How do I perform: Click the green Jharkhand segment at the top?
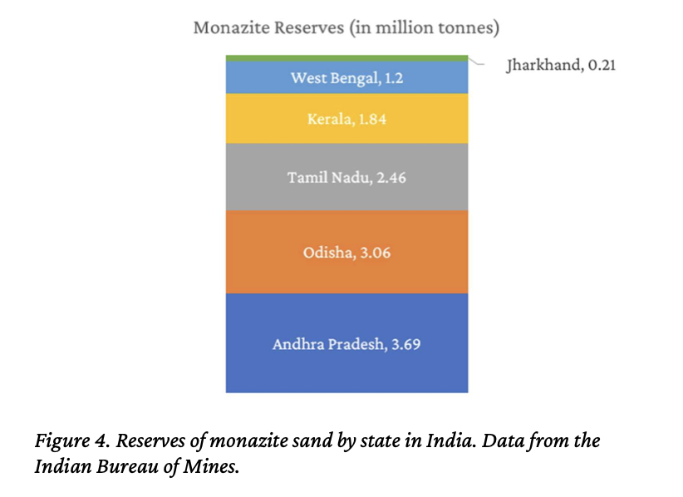click(346, 57)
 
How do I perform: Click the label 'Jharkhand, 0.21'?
click(560, 65)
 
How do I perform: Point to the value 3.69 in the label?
click(405, 343)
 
